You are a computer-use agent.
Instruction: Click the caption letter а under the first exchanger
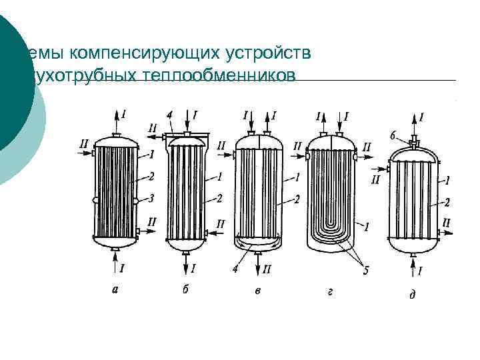pyautogui.click(x=115, y=289)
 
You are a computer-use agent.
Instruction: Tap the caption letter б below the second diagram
pyautogui.click(x=185, y=289)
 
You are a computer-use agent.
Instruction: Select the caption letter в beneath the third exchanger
pyautogui.click(x=258, y=290)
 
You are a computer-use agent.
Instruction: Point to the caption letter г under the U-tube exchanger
pyautogui.click(x=331, y=290)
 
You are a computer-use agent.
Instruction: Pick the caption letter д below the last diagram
pyautogui.click(x=411, y=293)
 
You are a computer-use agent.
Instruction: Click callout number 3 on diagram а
pyautogui.click(x=153, y=198)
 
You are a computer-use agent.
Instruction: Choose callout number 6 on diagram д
pyautogui.click(x=393, y=135)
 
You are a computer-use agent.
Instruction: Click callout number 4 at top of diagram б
pyautogui.click(x=170, y=115)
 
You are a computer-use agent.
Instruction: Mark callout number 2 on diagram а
pyautogui.click(x=153, y=176)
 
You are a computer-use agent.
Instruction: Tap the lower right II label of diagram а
pyautogui.click(x=152, y=221)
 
